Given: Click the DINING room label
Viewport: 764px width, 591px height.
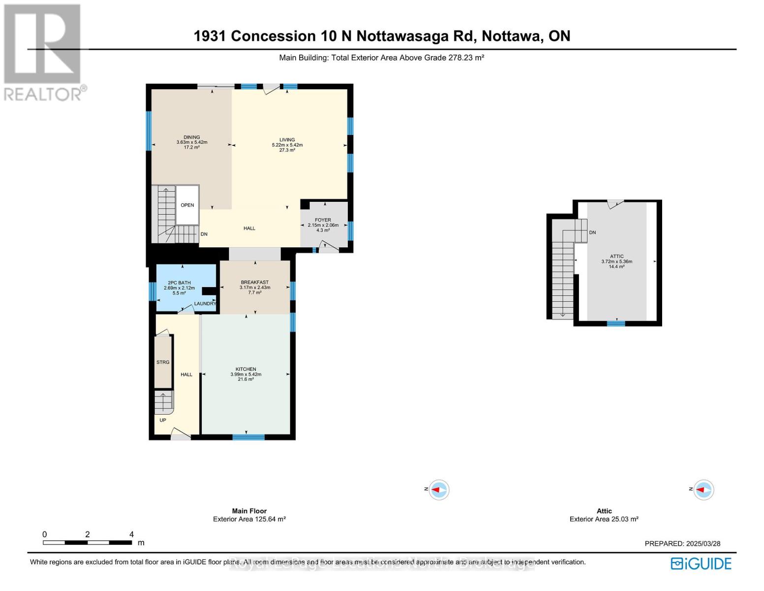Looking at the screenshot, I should (x=191, y=137).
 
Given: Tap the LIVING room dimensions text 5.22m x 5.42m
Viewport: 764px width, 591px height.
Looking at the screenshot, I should (x=287, y=145).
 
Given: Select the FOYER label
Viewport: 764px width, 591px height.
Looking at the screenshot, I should (x=323, y=220).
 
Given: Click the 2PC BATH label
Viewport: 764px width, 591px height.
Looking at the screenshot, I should (x=179, y=283).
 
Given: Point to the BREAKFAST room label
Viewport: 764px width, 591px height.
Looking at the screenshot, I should (x=254, y=283).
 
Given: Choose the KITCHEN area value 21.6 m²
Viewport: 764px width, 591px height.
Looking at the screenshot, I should (x=245, y=380).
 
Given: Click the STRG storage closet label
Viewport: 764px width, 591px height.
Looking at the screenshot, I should (x=163, y=362).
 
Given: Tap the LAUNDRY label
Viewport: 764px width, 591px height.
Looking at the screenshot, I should (x=205, y=304).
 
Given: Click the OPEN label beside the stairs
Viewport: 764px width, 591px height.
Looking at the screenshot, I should (x=187, y=205).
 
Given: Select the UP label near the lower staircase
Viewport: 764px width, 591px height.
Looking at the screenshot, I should (x=163, y=421).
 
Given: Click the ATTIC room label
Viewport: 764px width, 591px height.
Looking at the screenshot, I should (x=616, y=257).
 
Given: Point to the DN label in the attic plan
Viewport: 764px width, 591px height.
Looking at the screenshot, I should (x=592, y=232).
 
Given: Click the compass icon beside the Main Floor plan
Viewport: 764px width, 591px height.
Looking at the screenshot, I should (x=438, y=490).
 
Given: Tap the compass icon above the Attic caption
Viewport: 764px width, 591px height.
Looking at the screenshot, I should (x=703, y=490).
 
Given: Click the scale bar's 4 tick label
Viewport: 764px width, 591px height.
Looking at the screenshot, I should (x=131, y=534).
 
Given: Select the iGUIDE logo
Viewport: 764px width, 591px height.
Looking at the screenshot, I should (x=702, y=563).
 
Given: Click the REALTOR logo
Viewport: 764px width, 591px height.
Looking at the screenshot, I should (x=43, y=52).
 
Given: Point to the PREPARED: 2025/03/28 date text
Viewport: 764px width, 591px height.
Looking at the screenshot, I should (x=682, y=544).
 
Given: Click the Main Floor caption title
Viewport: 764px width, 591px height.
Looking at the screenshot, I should (x=249, y=511).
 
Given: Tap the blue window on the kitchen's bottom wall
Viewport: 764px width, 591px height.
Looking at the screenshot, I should (x=248, y=437).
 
